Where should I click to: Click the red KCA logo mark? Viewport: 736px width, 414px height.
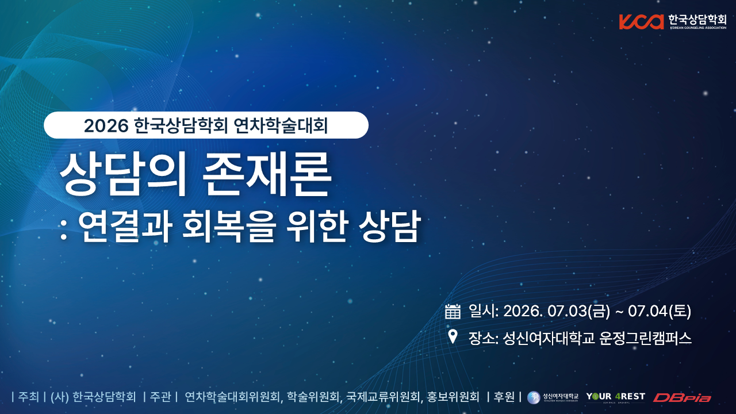click(x=642, y=22)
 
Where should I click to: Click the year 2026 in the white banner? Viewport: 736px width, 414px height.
click(x=106, y=126)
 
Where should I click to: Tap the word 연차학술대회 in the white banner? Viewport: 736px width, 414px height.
click(x=281, y=125)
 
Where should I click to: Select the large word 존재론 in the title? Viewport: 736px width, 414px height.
click(x=266, y=174)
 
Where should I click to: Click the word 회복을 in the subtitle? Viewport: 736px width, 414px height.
click(x=228, y=226)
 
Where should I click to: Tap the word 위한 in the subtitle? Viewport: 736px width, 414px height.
click(x=317, y=226)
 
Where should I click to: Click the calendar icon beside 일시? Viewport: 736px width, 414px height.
click(x=453, y=311)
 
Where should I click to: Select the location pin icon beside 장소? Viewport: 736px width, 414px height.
click(x=453, y=337)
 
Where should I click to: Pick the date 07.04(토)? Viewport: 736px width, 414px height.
click(x=660, y=311)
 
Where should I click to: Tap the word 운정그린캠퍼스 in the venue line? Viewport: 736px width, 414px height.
click(x=645, y=338)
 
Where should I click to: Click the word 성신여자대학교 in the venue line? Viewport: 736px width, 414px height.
click(x=549, y=338)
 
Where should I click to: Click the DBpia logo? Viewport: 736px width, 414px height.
click(x=682, y=398)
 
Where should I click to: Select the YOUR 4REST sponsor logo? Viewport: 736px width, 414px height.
click(x=616, y=397)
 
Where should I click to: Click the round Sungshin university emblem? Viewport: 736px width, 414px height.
click(x=534, y=397)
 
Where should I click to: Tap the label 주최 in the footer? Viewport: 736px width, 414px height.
click(x=29, y=397)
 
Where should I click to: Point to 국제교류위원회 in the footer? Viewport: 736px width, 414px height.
click(x=383, y=397)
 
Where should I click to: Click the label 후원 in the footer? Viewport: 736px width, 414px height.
click(x=504, y=397)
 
